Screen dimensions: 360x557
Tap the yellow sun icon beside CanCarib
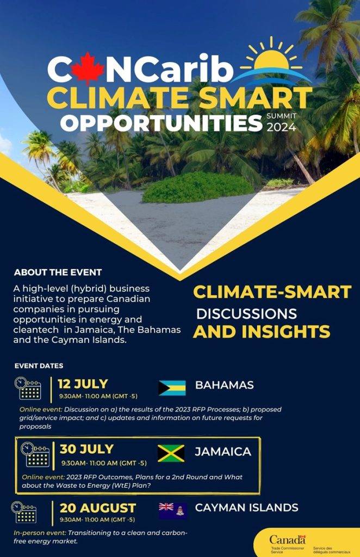(x=271, y=57)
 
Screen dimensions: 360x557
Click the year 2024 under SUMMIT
(x=281, y=127)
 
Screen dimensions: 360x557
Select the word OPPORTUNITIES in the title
(x=161, y=123)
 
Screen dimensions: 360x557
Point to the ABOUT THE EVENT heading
(x=58, y=273)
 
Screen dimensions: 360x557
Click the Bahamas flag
(x=172, y=387)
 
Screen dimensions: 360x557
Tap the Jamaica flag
(x=171, y=453)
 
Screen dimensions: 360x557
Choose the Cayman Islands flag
(x=172, y=511)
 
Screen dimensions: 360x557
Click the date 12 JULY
(x=83, y=384)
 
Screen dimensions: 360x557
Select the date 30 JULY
(x=86, y=449)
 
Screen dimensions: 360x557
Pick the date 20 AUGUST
(x=98, y=508)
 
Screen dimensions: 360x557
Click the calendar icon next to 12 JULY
(x=28, y=388)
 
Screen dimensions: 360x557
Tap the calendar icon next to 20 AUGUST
(x=24, y=512)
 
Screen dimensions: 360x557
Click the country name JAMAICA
(x=223, y=451)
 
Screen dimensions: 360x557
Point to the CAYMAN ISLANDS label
(x=247, y=508)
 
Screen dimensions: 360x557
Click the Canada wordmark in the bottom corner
(x=287, y=540)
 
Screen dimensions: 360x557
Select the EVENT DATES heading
(x=39, y=366)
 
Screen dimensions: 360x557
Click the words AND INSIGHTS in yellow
(x=262, y=331)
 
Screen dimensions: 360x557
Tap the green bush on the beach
(x=198, y=187)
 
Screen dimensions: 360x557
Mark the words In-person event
(x=40, y=533)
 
